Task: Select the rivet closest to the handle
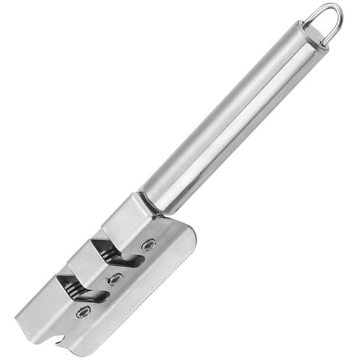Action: click(x=148, y=246)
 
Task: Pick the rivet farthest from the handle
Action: click(x=82, y=311)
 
